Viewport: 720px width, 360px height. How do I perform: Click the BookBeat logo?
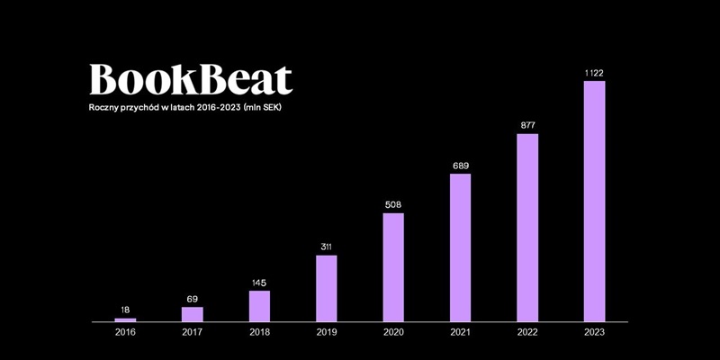click(x=191, y=79)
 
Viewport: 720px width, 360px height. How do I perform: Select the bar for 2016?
click(x=125, y=319)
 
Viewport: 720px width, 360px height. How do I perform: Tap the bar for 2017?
click(x=192, y=314)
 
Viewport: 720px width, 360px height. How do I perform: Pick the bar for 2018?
click(x=259, y=306)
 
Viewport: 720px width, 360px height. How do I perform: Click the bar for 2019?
click(x=326, y=288)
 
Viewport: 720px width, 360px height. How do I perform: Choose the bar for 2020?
click(x=393, y=267)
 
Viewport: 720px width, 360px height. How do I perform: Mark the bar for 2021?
click(x=460, y=247)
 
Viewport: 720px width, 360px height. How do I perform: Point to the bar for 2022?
click(x=527, y=228)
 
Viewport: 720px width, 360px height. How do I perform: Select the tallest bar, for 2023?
click(x=594, y=202)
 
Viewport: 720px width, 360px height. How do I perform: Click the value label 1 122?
click(x=594, y=71)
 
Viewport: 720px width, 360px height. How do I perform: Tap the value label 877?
click(x=527, y=124)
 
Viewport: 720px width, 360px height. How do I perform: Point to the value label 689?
click(x=460, y=165)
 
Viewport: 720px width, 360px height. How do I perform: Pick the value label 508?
click(x=393, y=203)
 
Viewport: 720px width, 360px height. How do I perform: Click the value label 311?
click(x=326, y=246)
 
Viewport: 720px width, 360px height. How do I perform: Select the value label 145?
click(x=259, y=282)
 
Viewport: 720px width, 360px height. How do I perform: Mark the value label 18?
click(x=125, y=310)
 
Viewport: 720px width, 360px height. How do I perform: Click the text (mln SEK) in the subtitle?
click(x=269, y=108)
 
